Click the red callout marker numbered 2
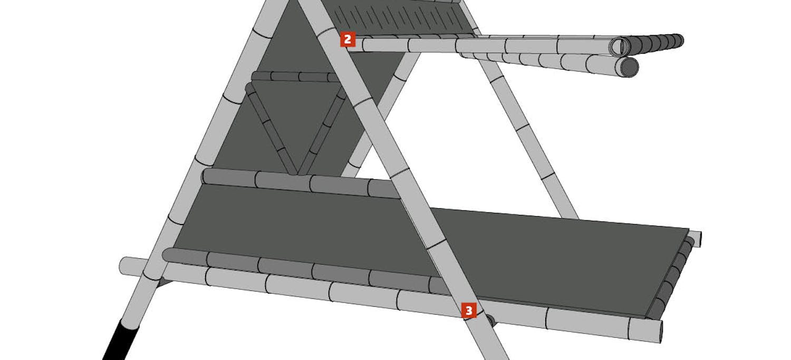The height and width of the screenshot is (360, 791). [x=348, y=39]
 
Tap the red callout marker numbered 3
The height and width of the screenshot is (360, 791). [x=469, y=310]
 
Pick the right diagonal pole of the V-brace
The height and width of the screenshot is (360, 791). [x=322, y=131]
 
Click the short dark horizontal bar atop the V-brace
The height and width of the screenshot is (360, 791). [x=295, y=76]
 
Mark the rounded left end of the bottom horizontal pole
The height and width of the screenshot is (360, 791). [x=124, y=265]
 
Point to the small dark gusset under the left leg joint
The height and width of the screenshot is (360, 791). [x=164, y=282]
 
